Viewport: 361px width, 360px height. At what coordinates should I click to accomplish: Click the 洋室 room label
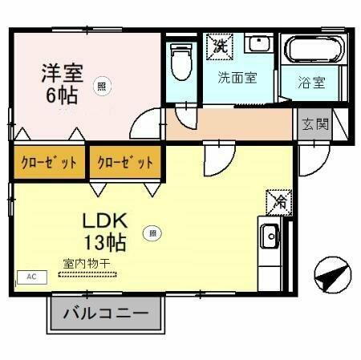point(63,71)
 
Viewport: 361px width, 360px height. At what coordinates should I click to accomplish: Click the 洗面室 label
point(237,78)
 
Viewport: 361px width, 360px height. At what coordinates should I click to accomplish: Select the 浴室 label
point(312,82)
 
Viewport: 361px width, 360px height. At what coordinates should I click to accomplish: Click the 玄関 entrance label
point(314,125)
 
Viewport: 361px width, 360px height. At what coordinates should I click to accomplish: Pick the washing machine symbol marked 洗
point(217,46)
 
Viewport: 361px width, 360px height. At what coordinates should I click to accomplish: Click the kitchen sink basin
point(269,237)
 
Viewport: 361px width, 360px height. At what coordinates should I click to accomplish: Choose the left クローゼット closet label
point(47,163)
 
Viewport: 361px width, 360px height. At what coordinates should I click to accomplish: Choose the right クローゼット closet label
point(125,163)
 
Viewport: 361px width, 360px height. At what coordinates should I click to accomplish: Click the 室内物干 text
point(86,262)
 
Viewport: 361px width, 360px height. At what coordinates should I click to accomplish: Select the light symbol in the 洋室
point(102,85)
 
